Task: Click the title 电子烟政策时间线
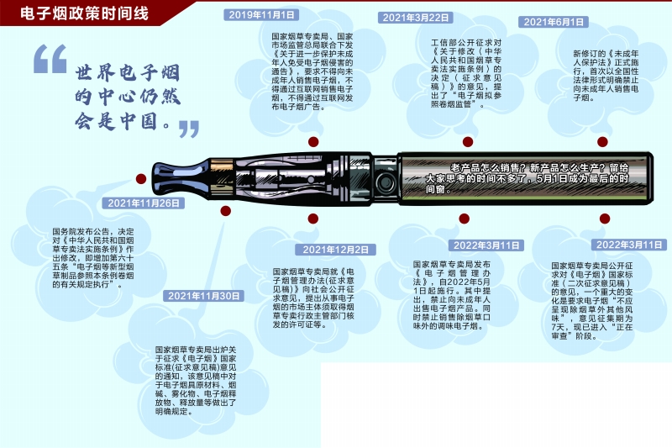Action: coord(84,13)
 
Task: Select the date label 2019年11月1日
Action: coord(261,15)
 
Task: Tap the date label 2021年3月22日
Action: coord(415,18)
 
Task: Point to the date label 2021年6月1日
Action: coord(554,22)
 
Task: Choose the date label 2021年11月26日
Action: coord(143,203)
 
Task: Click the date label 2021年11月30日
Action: coord(203,296)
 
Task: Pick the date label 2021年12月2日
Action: coord(335,250)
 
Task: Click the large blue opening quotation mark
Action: coord(50,59)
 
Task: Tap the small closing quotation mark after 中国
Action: coord(189,129)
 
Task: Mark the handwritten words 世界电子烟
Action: coord(128,73)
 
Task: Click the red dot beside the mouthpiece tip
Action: coord(141,179)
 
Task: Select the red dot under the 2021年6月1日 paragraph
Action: coord(602,142)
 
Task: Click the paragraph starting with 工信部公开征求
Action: coord(466,73)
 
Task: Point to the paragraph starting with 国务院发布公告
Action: coord(93,258)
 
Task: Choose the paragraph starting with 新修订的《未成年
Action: coord(606,76)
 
